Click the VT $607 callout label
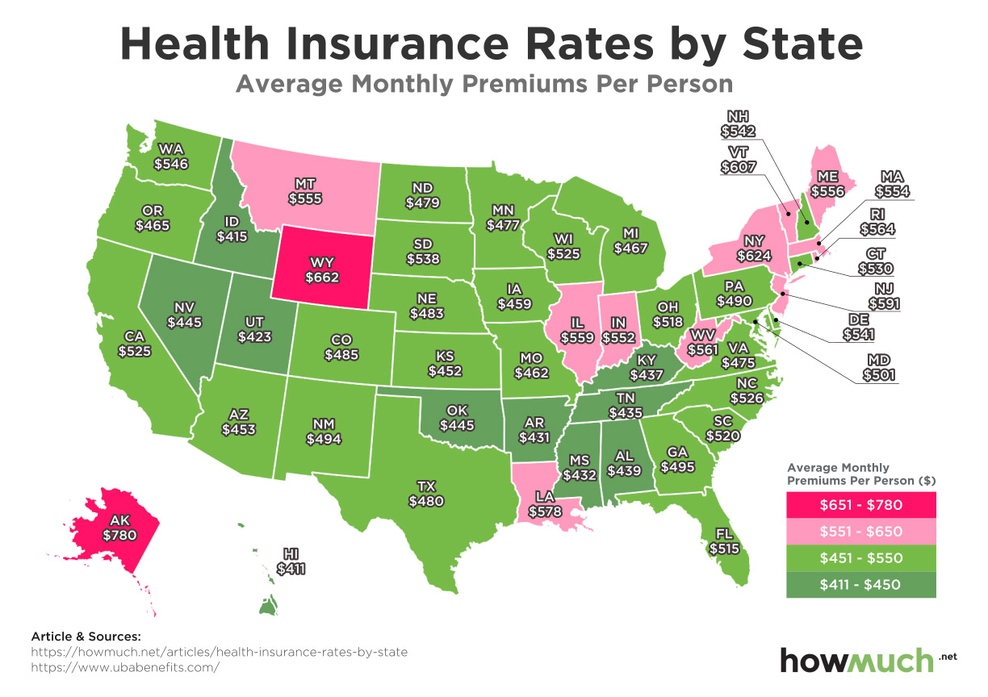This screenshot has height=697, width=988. (x=741, y=161)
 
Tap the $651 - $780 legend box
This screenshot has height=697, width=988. (x=860, y=505)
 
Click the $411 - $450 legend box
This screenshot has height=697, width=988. (x=860, y=584)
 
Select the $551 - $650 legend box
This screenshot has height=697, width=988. (x=860, y=532)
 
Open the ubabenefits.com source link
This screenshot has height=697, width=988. (x=124, y=668)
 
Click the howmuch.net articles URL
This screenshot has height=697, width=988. (x=219, y=652)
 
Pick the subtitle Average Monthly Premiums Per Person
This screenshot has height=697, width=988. (x=484, y=84)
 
